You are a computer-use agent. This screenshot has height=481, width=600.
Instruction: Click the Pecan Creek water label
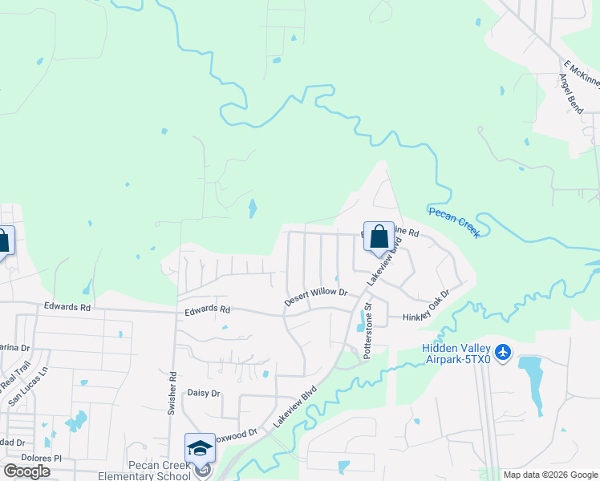(454, 222)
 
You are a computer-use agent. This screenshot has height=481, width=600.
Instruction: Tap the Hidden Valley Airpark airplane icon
(503, 351)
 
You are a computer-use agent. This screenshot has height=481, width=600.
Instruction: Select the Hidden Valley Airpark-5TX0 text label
(457, 353)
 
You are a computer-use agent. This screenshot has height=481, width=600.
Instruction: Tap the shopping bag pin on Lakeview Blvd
(379, 238)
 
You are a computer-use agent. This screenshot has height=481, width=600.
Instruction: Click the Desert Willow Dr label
(316, 297)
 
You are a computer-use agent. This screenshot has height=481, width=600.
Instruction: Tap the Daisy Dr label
(203, 393)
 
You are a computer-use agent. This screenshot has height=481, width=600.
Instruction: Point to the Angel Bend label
(575, 94)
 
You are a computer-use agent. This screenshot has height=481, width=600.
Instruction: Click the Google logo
(26, 471)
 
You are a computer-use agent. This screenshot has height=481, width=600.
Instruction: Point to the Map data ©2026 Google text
(549, 475)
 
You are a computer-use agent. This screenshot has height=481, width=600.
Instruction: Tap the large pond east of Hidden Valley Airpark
(532, 377)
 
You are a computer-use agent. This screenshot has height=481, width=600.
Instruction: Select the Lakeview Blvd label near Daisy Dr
(294, 408)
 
